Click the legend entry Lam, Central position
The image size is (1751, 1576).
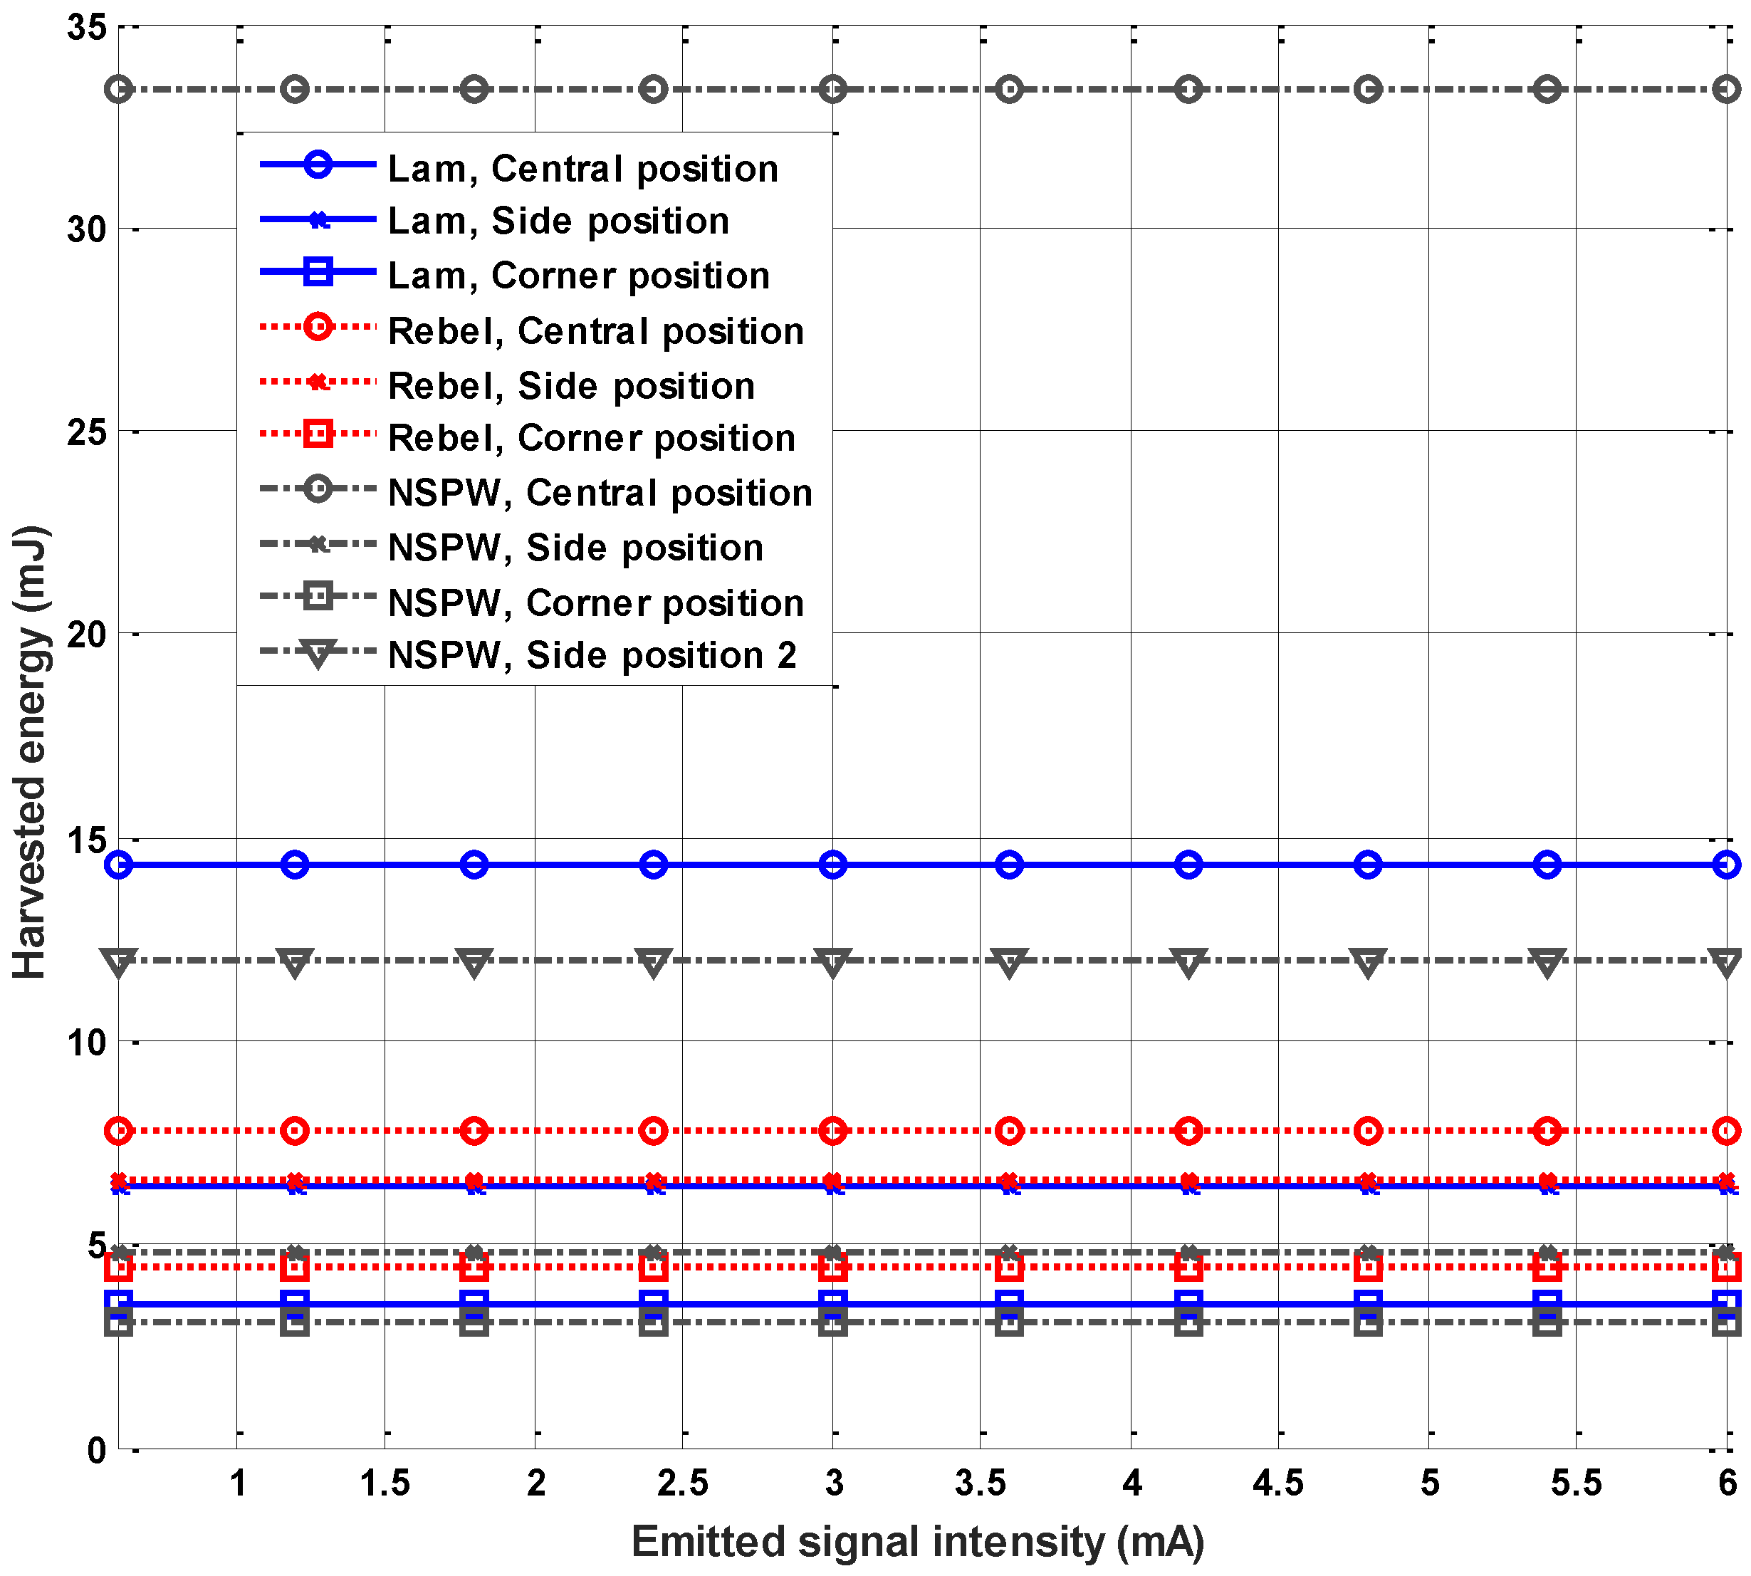(582, 169)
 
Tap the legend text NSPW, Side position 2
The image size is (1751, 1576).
(592, 655)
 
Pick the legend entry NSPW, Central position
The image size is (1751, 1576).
(600, 493)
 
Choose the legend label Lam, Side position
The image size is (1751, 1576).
(558, 221)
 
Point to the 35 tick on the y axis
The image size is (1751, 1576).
(87, 28)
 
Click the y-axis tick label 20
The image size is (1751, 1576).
(87, 635)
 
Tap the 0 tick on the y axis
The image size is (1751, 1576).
(97, 1449)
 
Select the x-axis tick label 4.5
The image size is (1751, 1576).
(1277, 1483)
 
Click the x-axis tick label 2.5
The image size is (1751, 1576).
(682, 1483)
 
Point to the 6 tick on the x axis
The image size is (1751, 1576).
(1727, 1483)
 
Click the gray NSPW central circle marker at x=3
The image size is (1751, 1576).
(832, 89)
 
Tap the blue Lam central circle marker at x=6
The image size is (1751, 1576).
(1726, 865)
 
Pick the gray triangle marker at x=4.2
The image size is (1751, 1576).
(1188, 961)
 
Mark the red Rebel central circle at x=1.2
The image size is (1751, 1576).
(296, 1130)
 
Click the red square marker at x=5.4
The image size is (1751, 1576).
(1547, 1267)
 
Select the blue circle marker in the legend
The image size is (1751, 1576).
(318, 165)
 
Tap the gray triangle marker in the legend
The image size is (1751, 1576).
(318, 653)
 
